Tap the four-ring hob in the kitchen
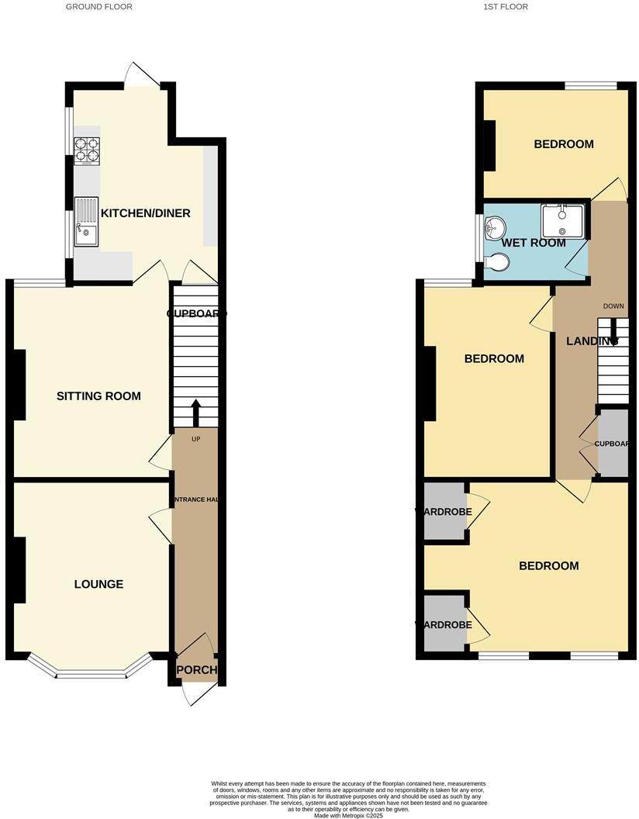click(87, 151)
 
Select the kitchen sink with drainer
click(87, 221)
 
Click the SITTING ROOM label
click(98, 396)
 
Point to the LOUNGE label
click(98, 584)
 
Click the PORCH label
click(197, 670)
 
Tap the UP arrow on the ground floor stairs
click(195, 413)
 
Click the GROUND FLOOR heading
click(98, 7)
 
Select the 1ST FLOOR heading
click(506, 7)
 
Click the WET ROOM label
click(534, 243)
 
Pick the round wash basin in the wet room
click(494, 226)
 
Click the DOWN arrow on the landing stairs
click(613, 337)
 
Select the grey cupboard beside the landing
click(613, 444)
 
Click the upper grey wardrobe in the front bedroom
click(444, 511)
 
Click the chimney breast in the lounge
click(19, 570)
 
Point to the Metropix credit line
click(349, 815)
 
